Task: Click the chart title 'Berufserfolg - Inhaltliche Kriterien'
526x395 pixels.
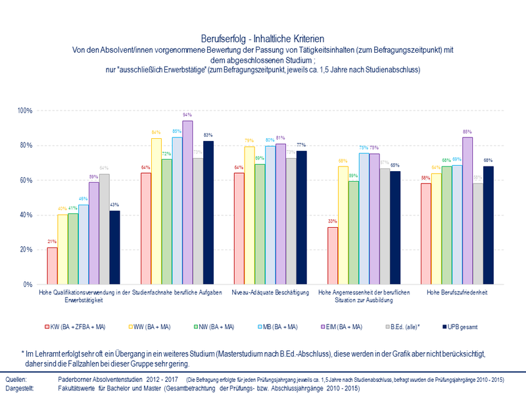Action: [262, 39]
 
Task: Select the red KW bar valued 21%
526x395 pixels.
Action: [52, 266]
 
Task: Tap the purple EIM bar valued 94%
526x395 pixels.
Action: [188, 203]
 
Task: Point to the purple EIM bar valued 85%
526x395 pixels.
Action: [467, 211]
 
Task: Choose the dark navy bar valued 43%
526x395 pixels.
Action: [115, 248]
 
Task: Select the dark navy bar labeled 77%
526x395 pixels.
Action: [302, 218]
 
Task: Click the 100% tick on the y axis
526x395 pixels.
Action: [25, 111]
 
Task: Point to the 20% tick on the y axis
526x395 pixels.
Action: [26, 250]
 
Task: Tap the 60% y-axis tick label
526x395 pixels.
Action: [26, 180]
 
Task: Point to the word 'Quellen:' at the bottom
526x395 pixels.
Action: [16, 381]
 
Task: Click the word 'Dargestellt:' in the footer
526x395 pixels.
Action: [20, 389]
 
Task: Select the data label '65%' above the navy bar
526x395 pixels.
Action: [395, 165]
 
